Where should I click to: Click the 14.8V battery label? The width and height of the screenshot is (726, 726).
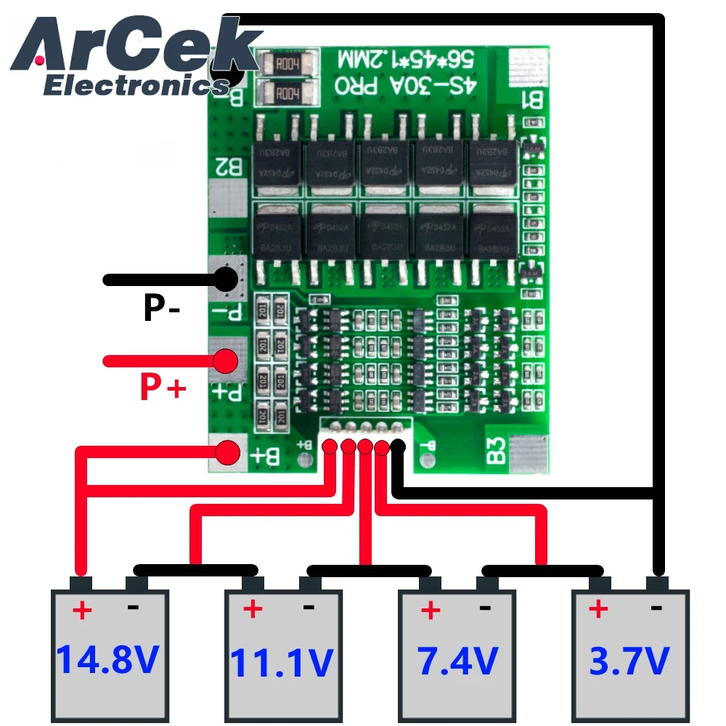click(x=107, y=659)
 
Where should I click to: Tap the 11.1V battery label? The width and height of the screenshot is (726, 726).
click(x=282, y=662)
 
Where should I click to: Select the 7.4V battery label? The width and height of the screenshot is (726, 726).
click(x=457, y=661)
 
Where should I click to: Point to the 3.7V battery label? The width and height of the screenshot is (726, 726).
click(x=629, y=661)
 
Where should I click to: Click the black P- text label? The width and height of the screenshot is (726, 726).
click(x=161, y=308)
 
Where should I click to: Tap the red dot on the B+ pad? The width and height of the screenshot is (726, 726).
click(x=228, y=452)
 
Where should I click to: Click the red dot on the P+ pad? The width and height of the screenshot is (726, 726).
click(x=227, y=360)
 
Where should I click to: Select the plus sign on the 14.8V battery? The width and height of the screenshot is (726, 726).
click(x=82, y=610)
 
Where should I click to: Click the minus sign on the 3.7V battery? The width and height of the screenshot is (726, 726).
click(x=656, y=608)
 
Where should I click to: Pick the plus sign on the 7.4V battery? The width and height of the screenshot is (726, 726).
click(x=431, y=610)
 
